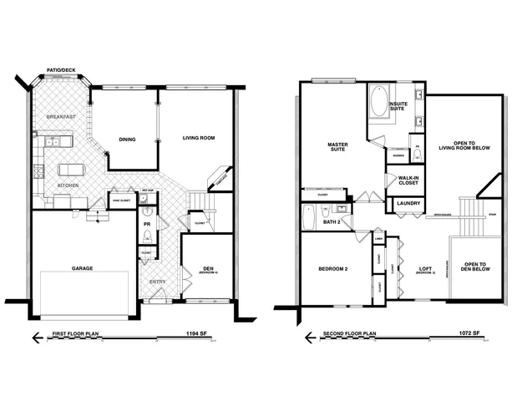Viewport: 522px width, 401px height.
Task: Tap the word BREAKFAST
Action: click(x=62, y=117)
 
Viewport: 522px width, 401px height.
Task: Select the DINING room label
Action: click(x=128, y=140)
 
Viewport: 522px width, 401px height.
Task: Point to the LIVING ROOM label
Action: click(x=200, y=137)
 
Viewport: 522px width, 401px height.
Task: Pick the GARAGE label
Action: click(x=82, y=268)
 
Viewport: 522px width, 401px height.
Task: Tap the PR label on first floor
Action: click(x=146, y=225)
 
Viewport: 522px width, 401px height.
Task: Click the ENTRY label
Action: click(x=157, y=282)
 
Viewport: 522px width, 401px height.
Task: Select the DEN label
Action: click(x=209, y=269)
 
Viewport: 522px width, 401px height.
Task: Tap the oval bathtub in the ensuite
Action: click(x=378, y=107)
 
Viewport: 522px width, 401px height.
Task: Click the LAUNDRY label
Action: click(x=408, y=203)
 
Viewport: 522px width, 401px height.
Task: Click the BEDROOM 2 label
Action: click(x=332, y=269)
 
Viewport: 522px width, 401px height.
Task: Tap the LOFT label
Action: click(x=426, y=269)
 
